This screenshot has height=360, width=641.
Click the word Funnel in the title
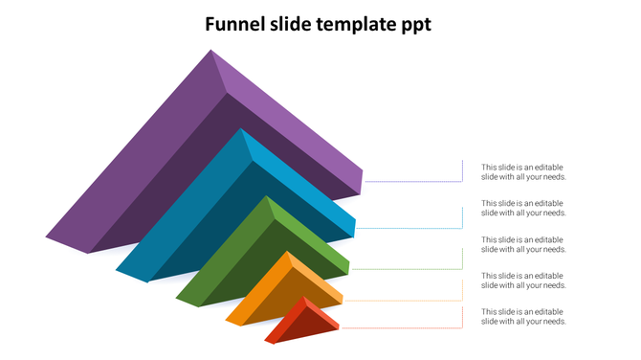237,24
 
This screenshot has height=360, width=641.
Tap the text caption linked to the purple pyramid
523,171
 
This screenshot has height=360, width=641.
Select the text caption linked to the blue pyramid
523,208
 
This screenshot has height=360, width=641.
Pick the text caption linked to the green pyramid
523,244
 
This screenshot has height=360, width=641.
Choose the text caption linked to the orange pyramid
523,281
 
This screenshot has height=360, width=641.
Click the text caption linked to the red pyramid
523,316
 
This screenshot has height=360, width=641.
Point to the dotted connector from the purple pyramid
411,181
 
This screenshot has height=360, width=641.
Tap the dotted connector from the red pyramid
402,327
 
